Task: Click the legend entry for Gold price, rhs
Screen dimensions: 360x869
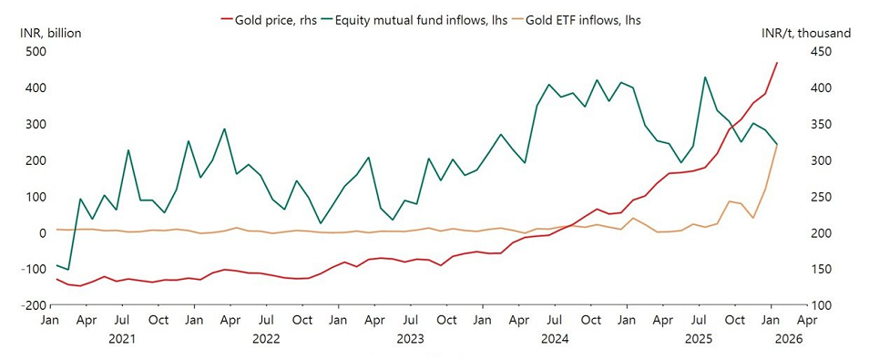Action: click(273, 18)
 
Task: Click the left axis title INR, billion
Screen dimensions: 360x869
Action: click(50, 34)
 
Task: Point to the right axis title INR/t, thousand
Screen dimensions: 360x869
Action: click(806, 34)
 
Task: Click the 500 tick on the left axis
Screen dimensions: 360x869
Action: click(36, 52)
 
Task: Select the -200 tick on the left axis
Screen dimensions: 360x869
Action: click(33, 305)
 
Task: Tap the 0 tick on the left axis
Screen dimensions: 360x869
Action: click(41, 233)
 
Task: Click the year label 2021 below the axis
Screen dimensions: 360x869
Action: click(122, 338)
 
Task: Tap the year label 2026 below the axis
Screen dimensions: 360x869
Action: click(785, 338)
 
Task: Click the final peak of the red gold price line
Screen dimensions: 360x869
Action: click(777, 62)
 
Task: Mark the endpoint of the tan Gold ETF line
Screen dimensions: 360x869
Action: click(777, 145)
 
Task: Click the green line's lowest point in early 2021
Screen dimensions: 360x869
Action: click(67, 270)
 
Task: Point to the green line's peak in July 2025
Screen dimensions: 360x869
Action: click(705, 77)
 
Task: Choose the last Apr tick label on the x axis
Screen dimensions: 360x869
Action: click(806, 321)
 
